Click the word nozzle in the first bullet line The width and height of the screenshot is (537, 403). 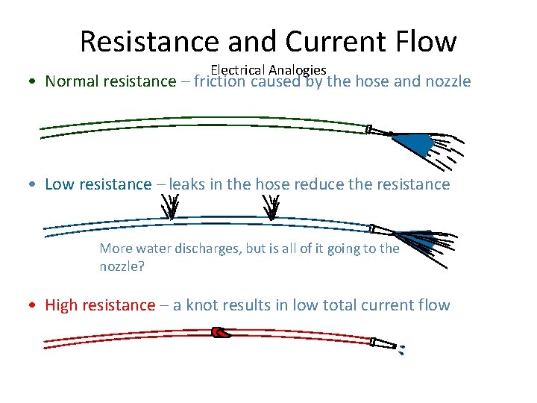(447, 81)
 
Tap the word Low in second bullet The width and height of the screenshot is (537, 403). (60, 184)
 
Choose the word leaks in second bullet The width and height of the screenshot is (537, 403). (186, 184)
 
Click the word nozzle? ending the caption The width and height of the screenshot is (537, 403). (122, 266)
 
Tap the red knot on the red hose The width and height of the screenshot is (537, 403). (222, 332)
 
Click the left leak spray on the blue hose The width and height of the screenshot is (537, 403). (171, 208)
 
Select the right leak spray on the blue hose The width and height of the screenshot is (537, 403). (273, 208)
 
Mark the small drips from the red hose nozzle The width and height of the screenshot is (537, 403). (401, 349)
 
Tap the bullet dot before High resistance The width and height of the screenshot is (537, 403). (36, 305)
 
